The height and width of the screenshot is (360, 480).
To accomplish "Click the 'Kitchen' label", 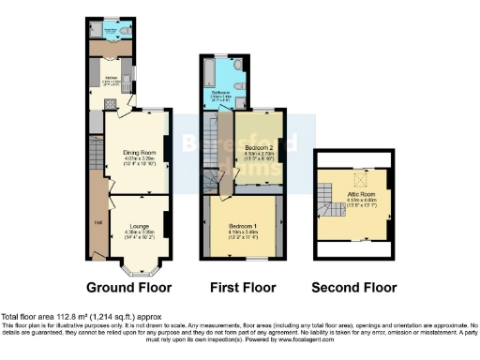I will coord(111,77).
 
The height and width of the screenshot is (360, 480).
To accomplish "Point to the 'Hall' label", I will coord(97,222).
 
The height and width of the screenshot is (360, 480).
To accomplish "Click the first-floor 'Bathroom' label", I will coord(221,92).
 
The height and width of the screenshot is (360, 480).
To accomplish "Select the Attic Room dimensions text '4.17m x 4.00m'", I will coord(358,199).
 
